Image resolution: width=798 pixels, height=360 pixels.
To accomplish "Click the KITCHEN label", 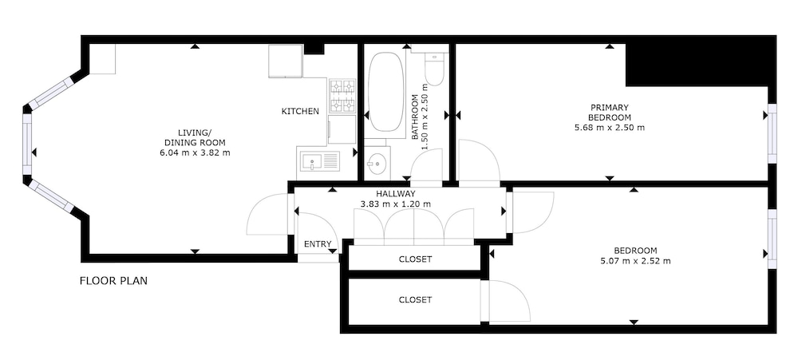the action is tap(300, 111).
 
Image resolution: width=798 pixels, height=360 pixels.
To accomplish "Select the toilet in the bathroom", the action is tap(435, 69).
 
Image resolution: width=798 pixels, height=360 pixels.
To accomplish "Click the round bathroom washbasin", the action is tap(377, 164).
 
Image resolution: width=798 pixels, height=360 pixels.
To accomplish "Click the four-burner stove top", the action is tap(342, 96).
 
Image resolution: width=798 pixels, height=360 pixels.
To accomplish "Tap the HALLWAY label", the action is tap(396, 193).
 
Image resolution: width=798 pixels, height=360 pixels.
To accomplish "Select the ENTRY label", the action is tap(318, 244).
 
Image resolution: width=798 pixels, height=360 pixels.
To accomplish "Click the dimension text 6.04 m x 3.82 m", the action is tap(195, 152).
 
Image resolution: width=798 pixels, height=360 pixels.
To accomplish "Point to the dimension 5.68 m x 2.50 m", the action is tap(610, 127).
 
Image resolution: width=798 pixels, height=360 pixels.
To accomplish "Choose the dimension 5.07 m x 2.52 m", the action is tap(635, 261).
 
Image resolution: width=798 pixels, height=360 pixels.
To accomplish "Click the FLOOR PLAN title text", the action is tap(113, 280).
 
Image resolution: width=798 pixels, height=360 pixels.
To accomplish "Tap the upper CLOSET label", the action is tap(415, 259).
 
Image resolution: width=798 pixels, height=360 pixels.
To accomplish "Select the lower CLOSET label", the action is tap(415, 300).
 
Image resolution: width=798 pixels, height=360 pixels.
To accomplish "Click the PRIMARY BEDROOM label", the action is tap(610, 112).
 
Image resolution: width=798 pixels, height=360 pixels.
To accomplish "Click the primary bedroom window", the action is tap(772, 133).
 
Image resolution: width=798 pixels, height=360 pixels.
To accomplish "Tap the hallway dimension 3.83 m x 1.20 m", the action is tap(396, 204).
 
